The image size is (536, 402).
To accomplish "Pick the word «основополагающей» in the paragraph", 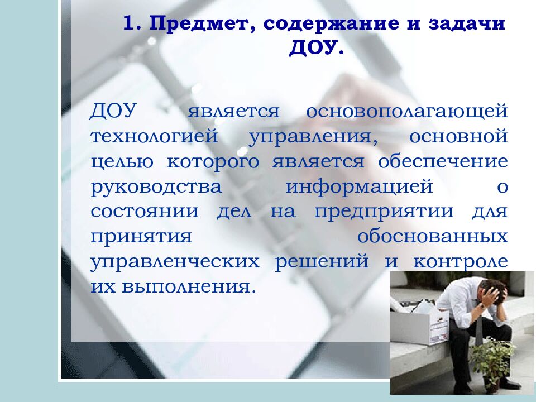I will pos(406,110).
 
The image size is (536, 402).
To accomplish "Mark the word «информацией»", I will pos(360,186).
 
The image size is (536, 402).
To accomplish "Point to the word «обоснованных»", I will pos(433,236).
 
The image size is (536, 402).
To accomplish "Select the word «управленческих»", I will pos(175,262).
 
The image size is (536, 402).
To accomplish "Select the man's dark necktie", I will pos(478,329).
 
